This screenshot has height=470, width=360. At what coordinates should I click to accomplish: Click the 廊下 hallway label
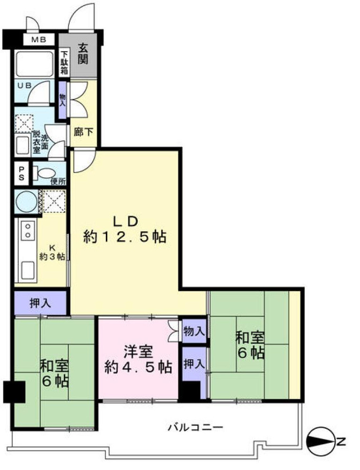[83, 132]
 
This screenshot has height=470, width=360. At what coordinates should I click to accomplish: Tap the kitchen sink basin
[26, 270]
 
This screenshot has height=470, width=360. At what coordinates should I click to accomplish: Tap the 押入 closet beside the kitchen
[41, 303]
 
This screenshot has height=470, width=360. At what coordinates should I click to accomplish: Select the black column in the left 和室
[14, 391]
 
